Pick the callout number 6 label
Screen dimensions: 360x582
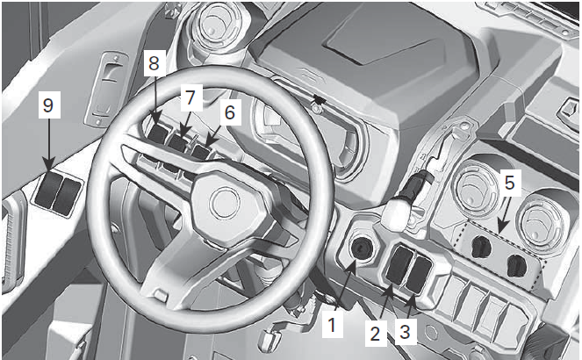point(229,112)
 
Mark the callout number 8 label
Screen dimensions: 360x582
point(155,63)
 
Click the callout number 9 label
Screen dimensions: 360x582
point(47,106)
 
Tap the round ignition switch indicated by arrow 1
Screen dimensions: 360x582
point(361,252)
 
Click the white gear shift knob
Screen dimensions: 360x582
point(399,210)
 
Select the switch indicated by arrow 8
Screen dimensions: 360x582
point(160,133)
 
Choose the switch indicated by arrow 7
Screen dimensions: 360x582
point(181,141)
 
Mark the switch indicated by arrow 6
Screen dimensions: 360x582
point(201,151)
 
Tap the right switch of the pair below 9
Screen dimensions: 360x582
point(64,196)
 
